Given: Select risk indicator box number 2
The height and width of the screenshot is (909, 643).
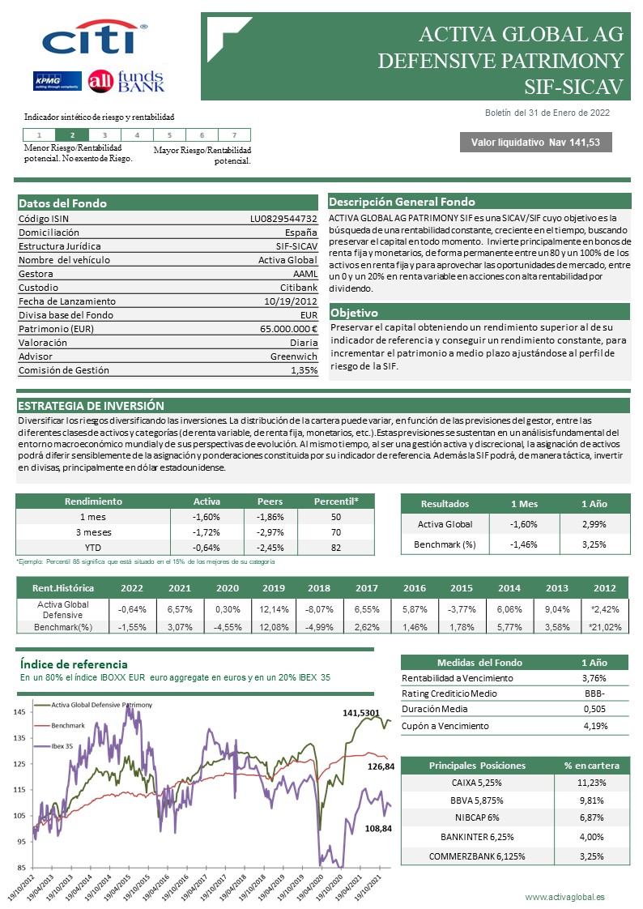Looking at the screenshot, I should (x=73, y=135).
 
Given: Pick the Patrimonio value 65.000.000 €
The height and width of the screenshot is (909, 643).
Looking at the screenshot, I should (x=284, y=329).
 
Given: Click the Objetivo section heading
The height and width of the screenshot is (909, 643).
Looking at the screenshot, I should (x=354, y=312).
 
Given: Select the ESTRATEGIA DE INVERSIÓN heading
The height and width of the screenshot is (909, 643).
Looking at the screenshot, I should (x=91, y=406).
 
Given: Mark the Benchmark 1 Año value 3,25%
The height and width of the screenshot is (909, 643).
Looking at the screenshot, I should (x=594, y=544).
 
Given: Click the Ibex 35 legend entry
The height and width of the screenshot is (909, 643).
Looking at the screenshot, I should (x=63, y=746).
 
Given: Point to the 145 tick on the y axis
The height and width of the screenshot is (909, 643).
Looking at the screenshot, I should (x=19, y=712).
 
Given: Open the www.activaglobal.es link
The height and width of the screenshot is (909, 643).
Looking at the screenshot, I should (x=564, y=897).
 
